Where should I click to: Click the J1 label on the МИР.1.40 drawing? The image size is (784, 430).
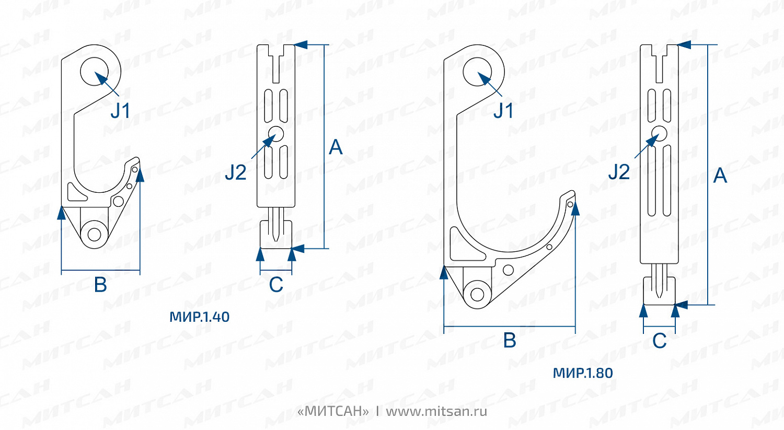pyautogui.click(x=121, y=111)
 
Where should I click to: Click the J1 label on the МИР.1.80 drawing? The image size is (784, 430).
pyautogui.click(x=503, y=111)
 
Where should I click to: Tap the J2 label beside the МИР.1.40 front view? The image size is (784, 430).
pyautogui.click(x=236, y=172)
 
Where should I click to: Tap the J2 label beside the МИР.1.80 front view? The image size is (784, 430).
pyautogui.click(x=619, y=172)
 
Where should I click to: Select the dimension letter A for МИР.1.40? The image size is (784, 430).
pyautogui.click(x=336, y=147)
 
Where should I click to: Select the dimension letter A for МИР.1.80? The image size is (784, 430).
pyautogui.click(x=720, y=175)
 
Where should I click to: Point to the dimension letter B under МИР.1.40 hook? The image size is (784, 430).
pyautogui.click(x=100, y=285)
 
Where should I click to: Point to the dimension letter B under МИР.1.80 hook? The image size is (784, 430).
pyautogui.click(x=510, y=341)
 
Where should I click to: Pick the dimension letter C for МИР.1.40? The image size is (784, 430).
pyautogui.click(x=276, y=285)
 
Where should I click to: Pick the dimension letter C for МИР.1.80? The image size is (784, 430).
pyautogui.click(x=660, y=341)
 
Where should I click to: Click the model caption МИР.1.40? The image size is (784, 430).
pyautogui.click(x=200, y=317)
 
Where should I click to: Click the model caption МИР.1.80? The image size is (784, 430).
pyautogui.click(x=583, y=373)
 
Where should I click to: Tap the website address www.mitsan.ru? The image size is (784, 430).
pyautogui.click(x=436, y=412)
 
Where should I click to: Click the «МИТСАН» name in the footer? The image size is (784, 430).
pyautogui.click(x=333, y=412)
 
